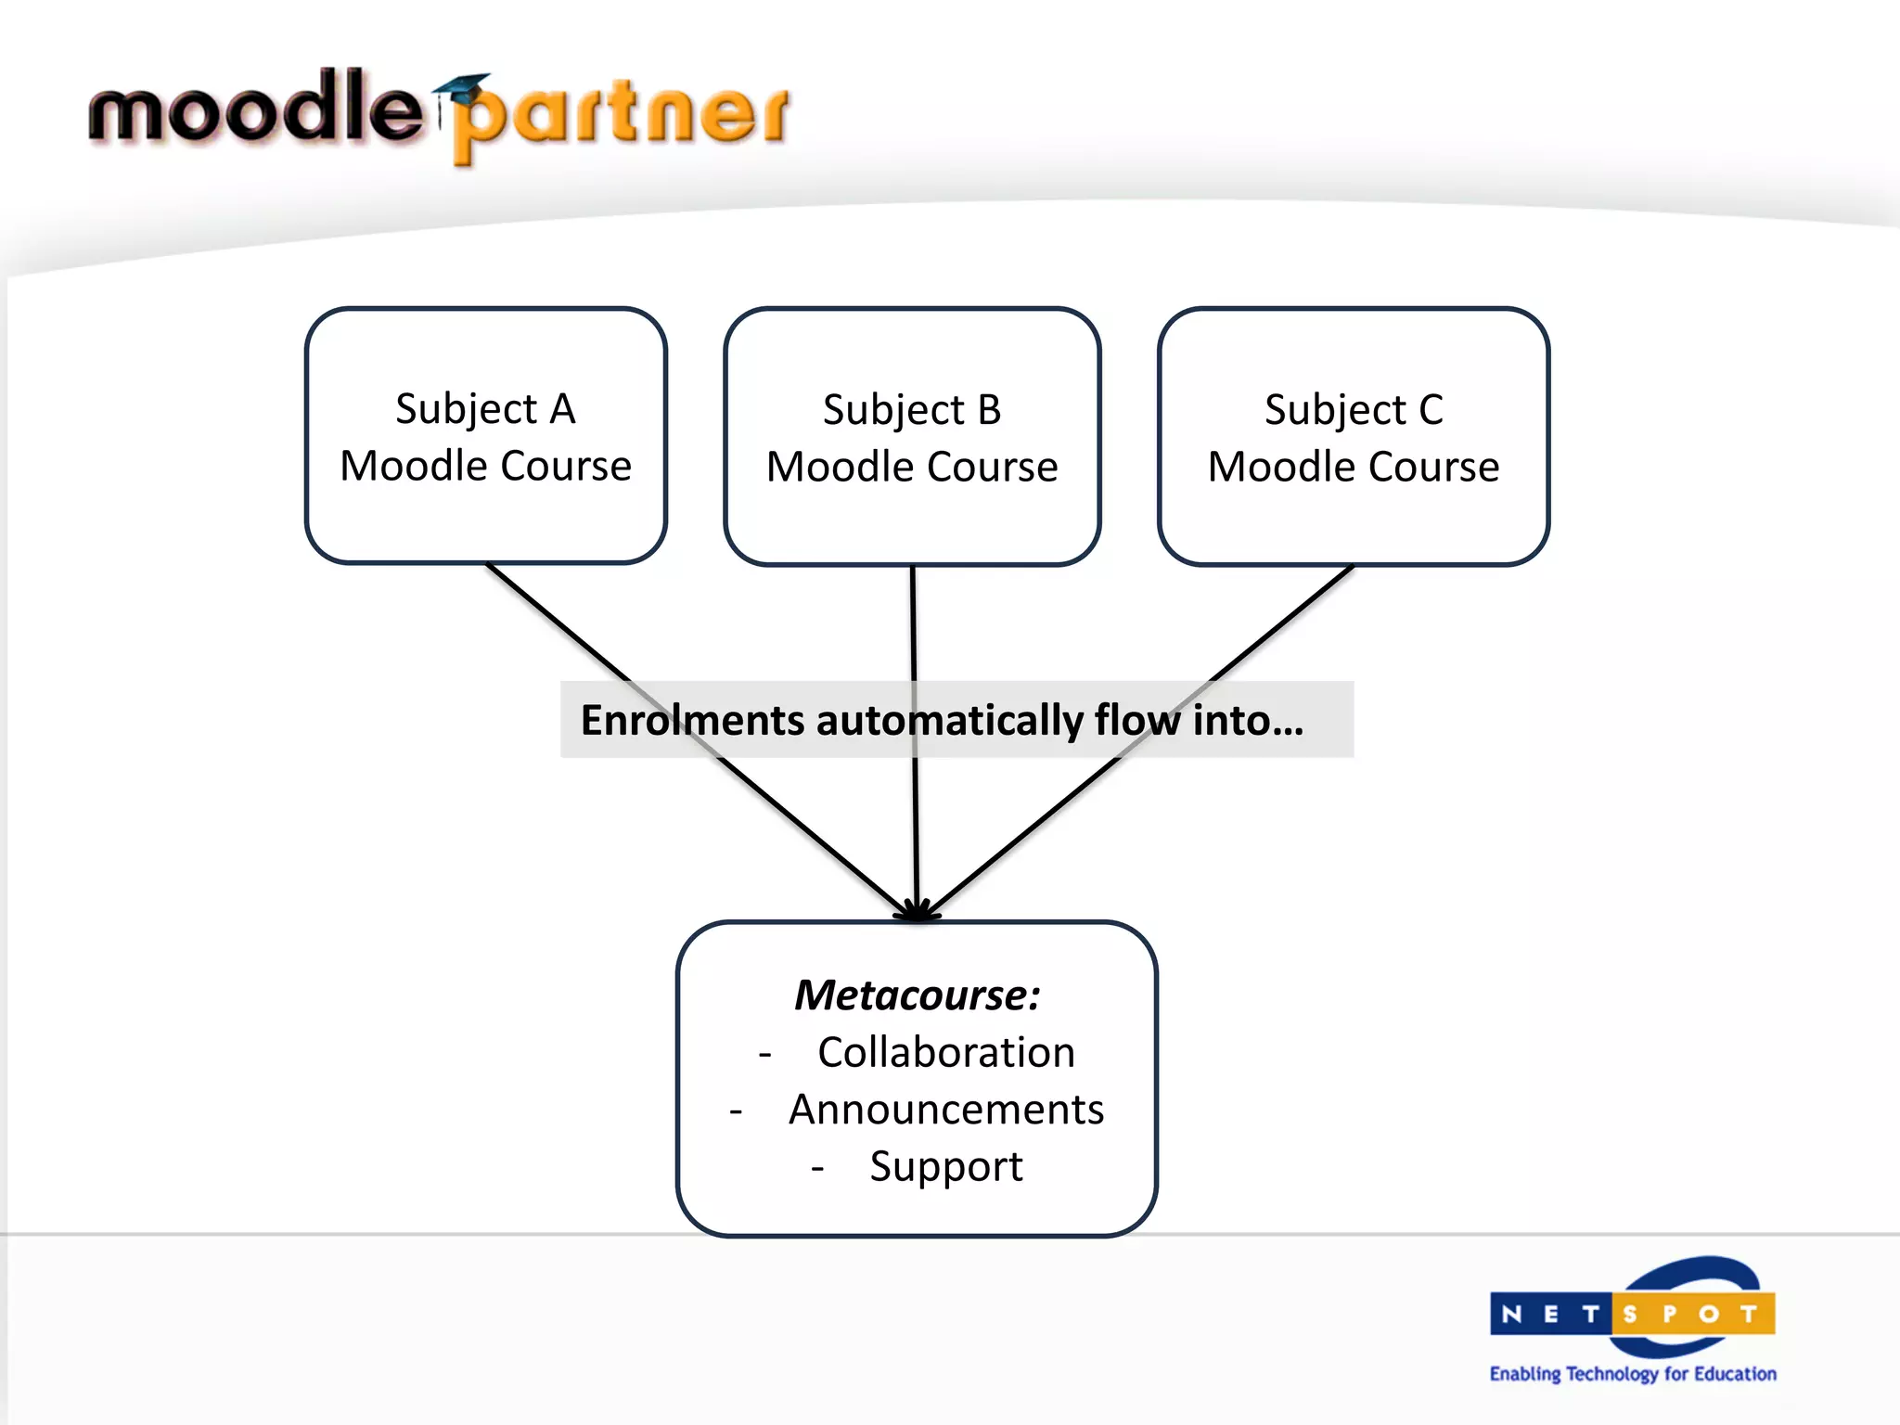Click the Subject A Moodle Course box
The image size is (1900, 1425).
[x=485, y=436]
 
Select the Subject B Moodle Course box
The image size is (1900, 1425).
[x=912, y=437]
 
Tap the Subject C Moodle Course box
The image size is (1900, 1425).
[x=1354, y=437]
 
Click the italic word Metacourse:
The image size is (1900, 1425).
[x=917, y=995]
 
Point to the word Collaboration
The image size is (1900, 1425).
[x=945, y=1053]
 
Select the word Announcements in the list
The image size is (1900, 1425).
[x=945, y=1110]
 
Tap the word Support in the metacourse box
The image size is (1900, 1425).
[x=945, y=1166]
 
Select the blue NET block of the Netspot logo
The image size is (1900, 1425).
[x=1550, y=1314]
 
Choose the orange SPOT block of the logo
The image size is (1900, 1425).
[x=1693, y=1314]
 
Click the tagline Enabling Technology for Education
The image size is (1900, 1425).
[x=1633, y=1373]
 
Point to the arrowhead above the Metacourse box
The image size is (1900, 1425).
[x=917, y=911]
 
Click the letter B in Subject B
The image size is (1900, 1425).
[x=989, y=409]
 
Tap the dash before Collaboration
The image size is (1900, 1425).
[x=765, y=1055]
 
